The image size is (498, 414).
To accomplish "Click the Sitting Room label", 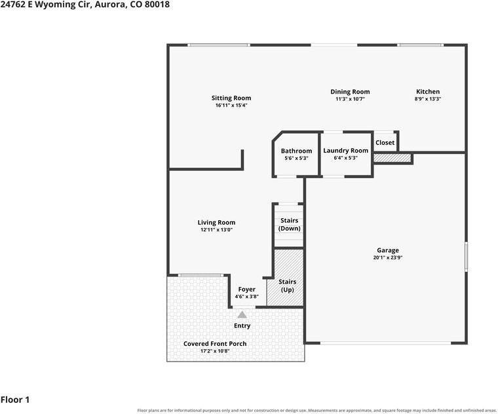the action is tap(231, 98).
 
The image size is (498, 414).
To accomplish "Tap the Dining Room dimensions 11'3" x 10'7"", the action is tap(350, 99).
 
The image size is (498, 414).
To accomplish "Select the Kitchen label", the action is tap(428, 92).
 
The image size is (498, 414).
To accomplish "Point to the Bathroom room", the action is tap(296, 154).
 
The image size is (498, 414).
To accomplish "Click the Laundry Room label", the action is tap(345, 150).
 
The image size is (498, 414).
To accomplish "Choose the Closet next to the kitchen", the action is tap(385, 143).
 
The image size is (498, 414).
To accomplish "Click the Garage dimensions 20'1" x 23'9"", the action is tap(388, 257).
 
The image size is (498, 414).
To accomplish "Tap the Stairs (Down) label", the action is tap(290, 224).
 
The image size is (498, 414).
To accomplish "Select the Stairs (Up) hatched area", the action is tap(285, 278).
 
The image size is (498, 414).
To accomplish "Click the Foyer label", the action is tap(247, 290).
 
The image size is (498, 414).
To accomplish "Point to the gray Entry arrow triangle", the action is tap(242, 314).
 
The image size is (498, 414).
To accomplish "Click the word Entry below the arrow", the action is tap(242, 326).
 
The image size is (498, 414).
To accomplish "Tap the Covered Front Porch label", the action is tap(215, 343).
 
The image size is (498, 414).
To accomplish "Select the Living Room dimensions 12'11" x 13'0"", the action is tap(217, 229).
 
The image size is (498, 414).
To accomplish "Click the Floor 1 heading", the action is tap(15, 400).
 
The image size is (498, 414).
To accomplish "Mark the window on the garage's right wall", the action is tap(466, 257).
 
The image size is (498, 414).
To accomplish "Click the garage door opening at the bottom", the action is tap(385, 343).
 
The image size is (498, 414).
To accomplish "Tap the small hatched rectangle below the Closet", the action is tap(393, 158).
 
